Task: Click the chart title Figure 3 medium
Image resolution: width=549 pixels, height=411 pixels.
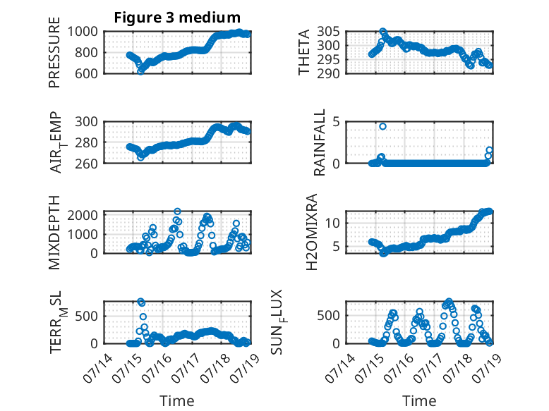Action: [x=177, y=18]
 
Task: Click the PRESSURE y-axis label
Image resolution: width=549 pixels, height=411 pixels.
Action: [x=54, y=52]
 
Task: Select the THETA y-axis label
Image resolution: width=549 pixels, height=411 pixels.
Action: [x=304, y=52]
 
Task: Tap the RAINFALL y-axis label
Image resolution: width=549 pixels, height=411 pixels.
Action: [x=320, y=142]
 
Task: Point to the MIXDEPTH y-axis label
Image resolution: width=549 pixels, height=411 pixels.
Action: [x=54, y=233]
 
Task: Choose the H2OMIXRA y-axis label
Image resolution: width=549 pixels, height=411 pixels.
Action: [x=311, y=232]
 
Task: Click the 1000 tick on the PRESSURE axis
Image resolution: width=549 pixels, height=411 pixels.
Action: [x=83, y=32]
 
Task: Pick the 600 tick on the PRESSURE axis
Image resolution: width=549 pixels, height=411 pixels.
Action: [x=86, y=73]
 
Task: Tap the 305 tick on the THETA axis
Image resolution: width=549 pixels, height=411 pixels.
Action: [x=328, y=32]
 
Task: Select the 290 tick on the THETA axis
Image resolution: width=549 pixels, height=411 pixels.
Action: [x=328, y=73]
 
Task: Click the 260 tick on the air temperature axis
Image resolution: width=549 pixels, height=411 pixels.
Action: [x=86, y=164]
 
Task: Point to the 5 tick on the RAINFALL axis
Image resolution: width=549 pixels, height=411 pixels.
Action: [x=337, y=122]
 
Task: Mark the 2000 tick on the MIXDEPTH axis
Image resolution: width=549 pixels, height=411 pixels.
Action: [x=83, y=215]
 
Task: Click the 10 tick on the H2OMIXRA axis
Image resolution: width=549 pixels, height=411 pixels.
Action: [x=332, y=223]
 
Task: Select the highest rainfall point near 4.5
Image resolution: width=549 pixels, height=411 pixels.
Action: [x=382, y=126]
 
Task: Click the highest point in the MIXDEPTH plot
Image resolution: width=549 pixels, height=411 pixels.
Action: [x=178, y=211]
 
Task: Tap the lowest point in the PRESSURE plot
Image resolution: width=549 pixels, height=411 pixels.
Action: [x=140, y=71]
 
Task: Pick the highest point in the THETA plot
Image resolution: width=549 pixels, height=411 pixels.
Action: [x=382, y=32]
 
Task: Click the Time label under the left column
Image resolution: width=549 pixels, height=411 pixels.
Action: [x=177, y=400]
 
